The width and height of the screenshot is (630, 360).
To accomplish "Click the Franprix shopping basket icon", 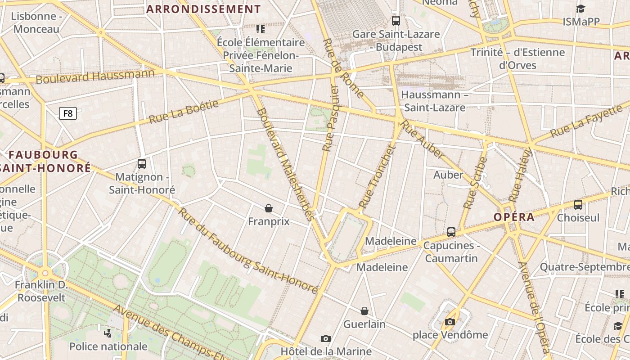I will [269, 208].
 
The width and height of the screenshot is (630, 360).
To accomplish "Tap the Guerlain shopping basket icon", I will [364, 311].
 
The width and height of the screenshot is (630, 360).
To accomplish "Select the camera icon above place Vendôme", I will [450, 322].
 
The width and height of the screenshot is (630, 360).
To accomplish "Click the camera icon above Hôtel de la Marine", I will [326, 338].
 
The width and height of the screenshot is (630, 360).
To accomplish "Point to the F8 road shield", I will [68, 113].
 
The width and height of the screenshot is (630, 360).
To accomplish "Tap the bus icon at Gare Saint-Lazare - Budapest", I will [396, 20].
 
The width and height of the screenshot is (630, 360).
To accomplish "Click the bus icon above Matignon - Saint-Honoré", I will [142, 164].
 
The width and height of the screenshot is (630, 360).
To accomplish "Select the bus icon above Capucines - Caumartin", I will [451, 232].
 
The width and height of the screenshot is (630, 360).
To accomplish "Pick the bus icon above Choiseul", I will [578, 205].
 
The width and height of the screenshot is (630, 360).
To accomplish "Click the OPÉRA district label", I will [514, 217].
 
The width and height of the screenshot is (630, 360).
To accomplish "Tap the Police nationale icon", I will [108, 333].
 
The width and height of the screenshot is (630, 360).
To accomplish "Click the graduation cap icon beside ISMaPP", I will [580, 9].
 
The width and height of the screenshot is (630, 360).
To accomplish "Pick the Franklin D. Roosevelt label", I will [41, 291].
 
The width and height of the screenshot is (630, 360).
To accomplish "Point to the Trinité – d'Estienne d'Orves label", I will [517, 58].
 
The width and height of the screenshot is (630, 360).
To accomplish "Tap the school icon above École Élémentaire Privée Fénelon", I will [261, 29].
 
